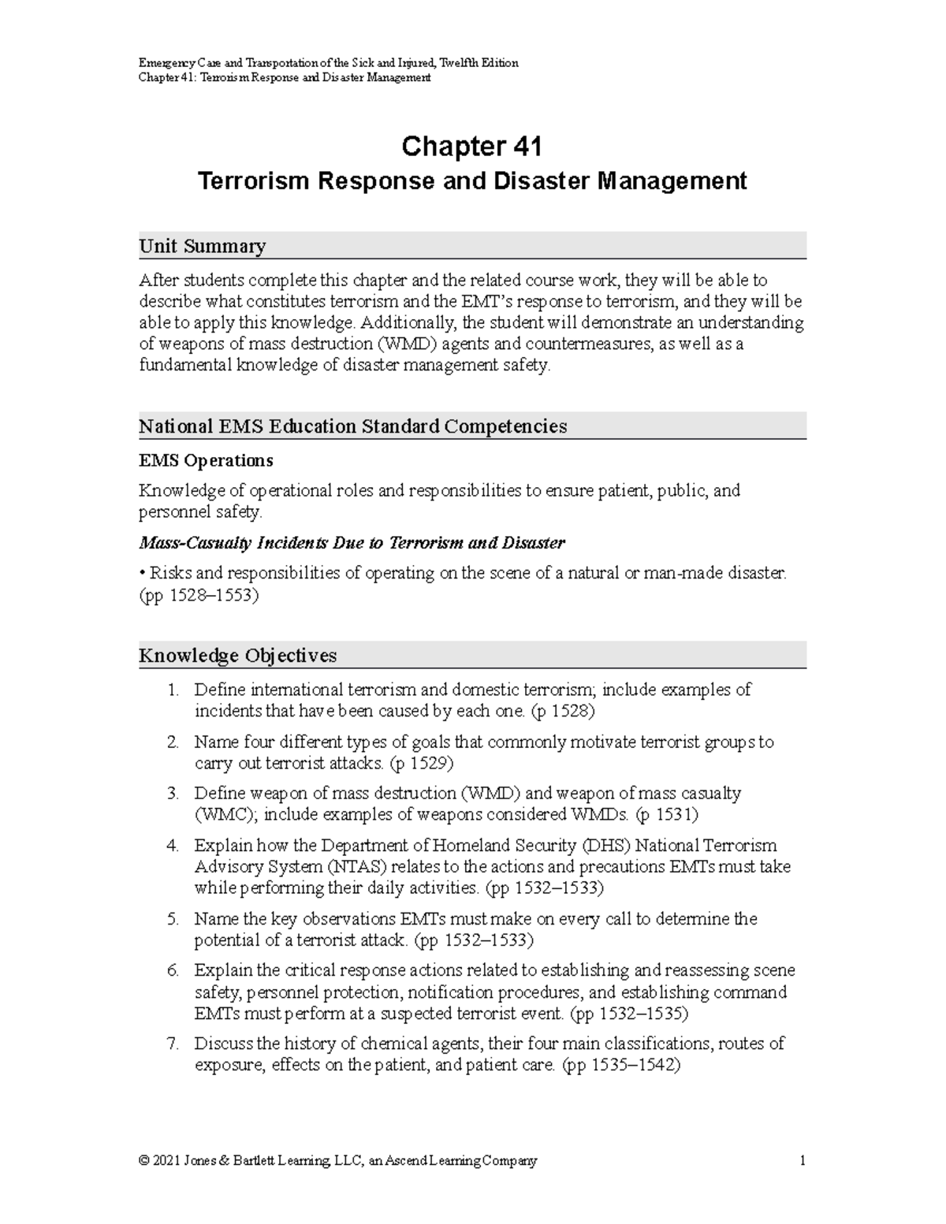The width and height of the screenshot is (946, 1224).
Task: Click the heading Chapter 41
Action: tap(471, 147)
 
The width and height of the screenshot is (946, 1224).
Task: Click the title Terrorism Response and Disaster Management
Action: tap(471, 181)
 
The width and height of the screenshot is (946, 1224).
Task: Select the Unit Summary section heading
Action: tap(202, 247)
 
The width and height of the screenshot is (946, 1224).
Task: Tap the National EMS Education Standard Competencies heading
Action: tap(352, 426)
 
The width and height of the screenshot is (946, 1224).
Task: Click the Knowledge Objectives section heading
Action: tap(237, 656)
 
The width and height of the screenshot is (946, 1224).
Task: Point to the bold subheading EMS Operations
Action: tap(206, 460)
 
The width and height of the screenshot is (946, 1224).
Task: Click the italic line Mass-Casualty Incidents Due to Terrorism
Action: tap(352, 543)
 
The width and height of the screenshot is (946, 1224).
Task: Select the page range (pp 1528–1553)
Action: tap(199, 595)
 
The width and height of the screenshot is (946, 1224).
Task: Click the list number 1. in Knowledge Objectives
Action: tap(173, 690)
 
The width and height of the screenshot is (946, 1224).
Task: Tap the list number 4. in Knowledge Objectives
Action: tap(173, 846)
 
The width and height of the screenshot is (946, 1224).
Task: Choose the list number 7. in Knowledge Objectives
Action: tap(173, 1044)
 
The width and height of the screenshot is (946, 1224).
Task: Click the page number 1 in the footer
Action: tap(802, 1161)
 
